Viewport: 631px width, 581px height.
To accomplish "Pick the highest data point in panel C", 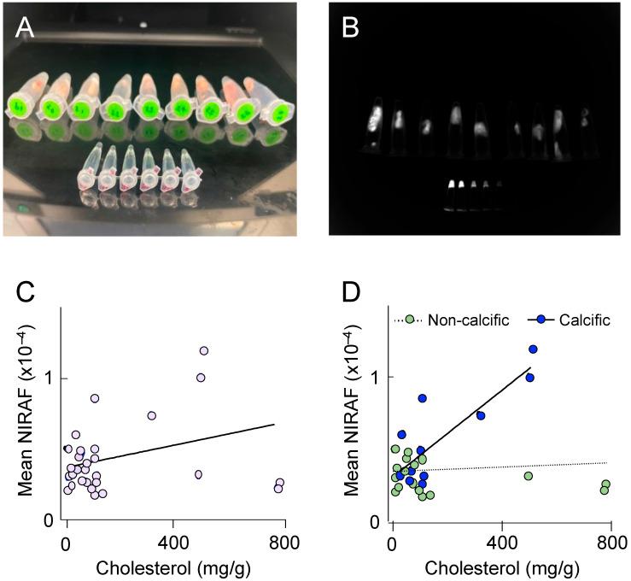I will (204, 350).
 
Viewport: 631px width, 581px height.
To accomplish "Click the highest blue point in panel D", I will (533, 349).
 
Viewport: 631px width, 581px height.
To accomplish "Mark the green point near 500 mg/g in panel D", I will (529, 476).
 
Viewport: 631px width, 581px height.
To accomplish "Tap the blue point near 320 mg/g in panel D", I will (481, 415).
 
